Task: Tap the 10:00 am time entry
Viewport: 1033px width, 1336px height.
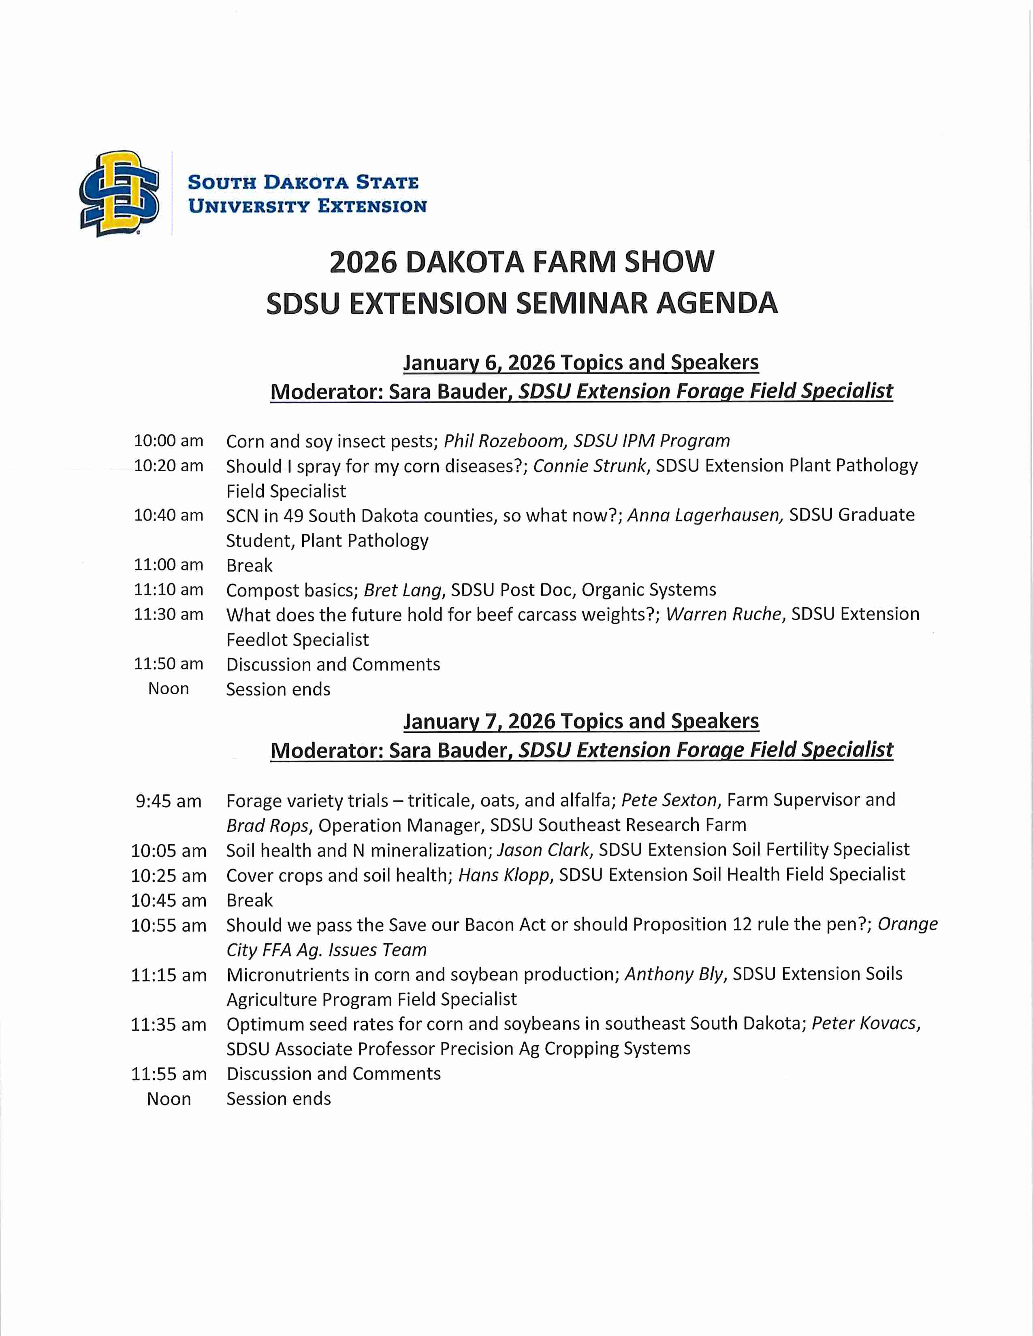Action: [x=168, y=440]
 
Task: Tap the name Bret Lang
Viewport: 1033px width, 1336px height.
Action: [x=402, y=590]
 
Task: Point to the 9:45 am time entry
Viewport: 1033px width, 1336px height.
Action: [x=168, y=801]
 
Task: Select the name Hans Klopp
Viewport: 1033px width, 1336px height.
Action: [x=504, y=875]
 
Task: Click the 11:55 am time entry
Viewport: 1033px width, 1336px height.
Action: [x=168, y=1074]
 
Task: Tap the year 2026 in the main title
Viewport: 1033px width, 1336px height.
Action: [x=363, y=262]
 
